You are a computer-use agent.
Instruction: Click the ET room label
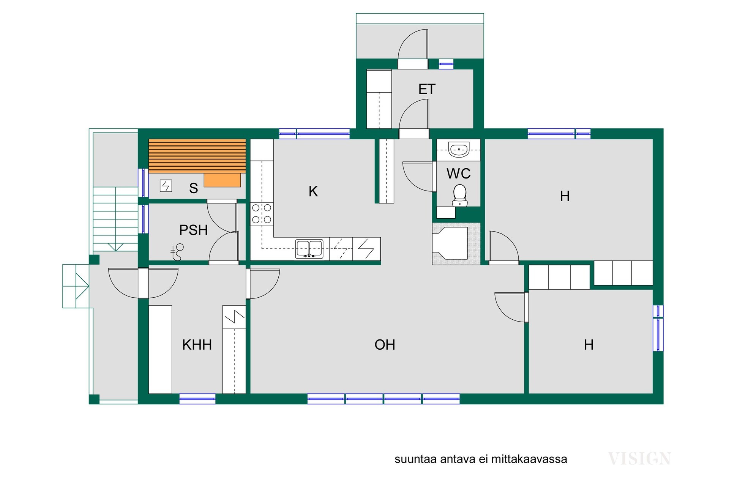pyautogui.click(x=427, y=89)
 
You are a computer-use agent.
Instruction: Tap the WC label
pyautogui.click(x=459, y=174)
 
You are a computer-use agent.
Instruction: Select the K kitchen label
pyautogui.click(x=313, y=191)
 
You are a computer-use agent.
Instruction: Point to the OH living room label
pyautogui.click(x=385, y=345)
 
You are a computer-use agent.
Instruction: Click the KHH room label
pyautogui.click(x=197, y=345)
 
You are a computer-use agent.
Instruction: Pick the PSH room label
pyautogui.click(x=193, y=230)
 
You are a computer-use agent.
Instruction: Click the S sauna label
pyautogui.click(x=194, y=188)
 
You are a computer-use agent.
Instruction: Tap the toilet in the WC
pyautogui.click(x=460, y=196)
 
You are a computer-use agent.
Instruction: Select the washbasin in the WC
pyautogui.click(x=459, y=150)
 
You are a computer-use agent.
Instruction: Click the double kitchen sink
pyautogui.click(x=309, y=249)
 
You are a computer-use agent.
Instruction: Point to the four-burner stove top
pyautogui.click(x=262, y=213)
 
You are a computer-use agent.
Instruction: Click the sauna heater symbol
pyautogui.click(x=166, y=186)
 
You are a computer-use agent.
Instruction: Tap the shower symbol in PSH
pyautogui.click(x=177, y=252)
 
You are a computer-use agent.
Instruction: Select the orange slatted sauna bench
pyautogui.click(x=197, y=156)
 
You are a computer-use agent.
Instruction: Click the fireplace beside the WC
pyautogui.click(x=456, y=243)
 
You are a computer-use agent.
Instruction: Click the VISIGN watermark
pyautogui.click(x=639, y=459)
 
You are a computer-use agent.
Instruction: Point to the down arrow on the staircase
pyautogui.click(x=115, y=247)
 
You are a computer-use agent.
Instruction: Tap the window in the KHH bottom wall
pyautogui.click(x=197, y=399)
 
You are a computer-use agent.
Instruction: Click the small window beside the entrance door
pyautogui.click(x=446, y=64)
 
